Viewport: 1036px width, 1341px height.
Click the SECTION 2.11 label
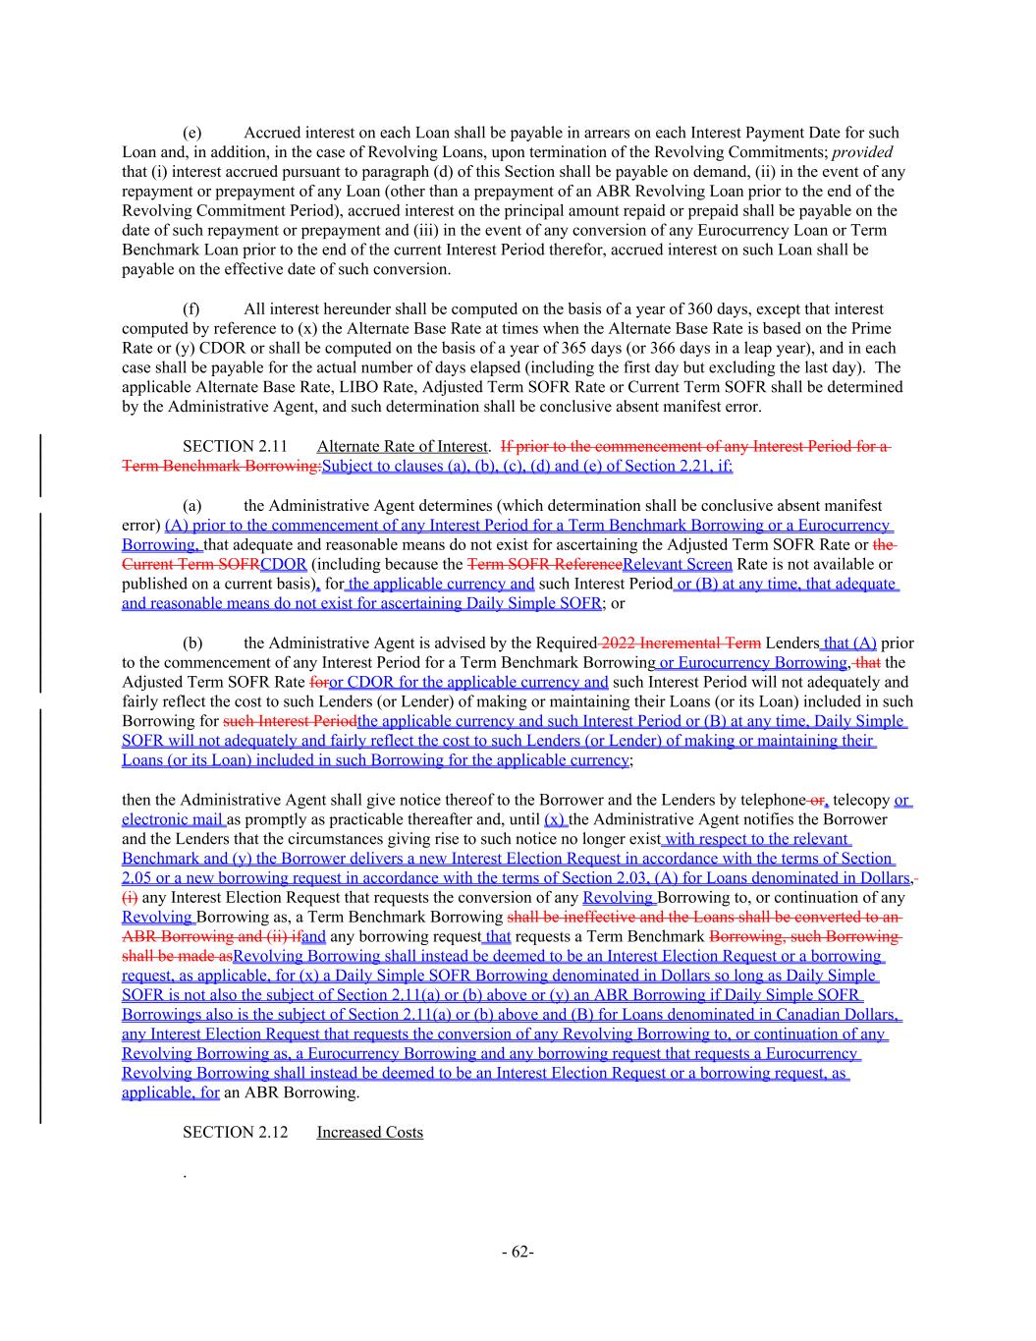(235, 447)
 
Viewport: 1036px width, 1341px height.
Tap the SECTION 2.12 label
(235, 1133)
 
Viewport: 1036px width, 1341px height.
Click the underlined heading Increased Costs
(369, 1133)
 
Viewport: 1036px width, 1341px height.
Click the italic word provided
(862, 152)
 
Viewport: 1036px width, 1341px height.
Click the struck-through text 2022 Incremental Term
(681, 643)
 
